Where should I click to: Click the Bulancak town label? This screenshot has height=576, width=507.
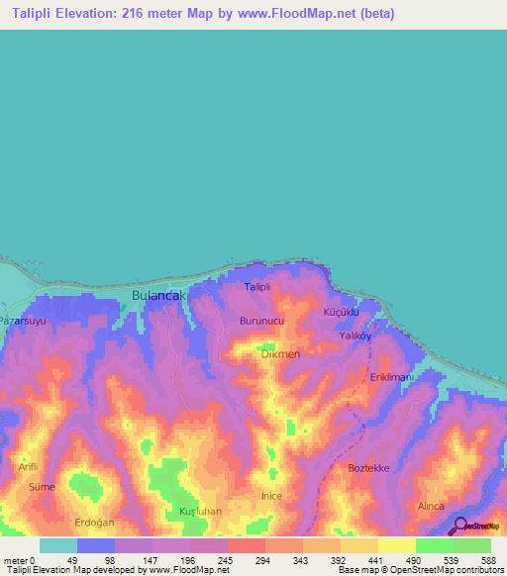[158, 295]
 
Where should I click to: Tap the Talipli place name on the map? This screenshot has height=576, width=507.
[257, 287]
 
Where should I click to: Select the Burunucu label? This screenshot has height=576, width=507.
[262, 322]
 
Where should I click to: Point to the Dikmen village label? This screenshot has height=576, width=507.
[280, 353]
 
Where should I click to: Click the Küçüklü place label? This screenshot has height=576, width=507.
[340, 312]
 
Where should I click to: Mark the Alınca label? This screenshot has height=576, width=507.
[431, 505]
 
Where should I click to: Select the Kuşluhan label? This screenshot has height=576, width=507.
[199, 511]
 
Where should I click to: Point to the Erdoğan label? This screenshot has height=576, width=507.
[96, 523]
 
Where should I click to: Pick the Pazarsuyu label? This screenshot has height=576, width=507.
[24, 322]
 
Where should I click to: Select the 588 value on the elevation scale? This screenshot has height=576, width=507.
[489, 560]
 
